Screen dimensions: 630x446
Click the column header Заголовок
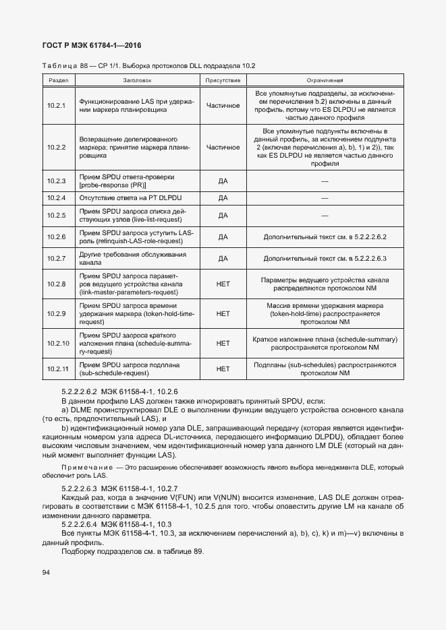tap(137, 80)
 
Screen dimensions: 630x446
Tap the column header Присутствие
tap(223, 80)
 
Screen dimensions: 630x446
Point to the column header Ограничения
tap(325, 80)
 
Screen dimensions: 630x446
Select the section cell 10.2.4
tap(55, 198)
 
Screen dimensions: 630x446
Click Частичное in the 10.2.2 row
tap(223, 147)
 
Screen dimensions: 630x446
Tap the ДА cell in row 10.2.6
tap(223, 237)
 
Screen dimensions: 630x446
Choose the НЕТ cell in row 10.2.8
tap(223, 284)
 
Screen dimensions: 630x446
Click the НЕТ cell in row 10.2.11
tap(223, 369)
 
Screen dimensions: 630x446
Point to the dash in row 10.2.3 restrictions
tap(325, 181)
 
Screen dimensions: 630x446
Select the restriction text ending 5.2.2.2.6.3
tap(325, 258)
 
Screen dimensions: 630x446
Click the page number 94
tap(47, 573)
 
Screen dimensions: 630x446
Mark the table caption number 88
tap(84, 66)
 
